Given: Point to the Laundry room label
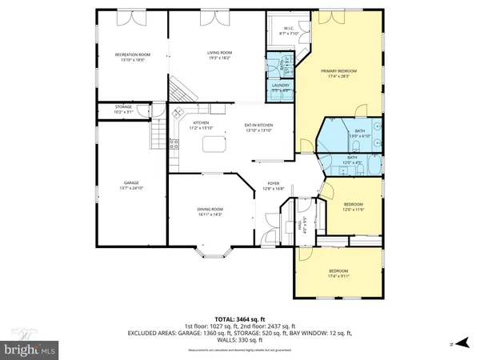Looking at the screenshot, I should (280, 86).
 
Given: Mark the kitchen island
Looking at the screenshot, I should (214, 145).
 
